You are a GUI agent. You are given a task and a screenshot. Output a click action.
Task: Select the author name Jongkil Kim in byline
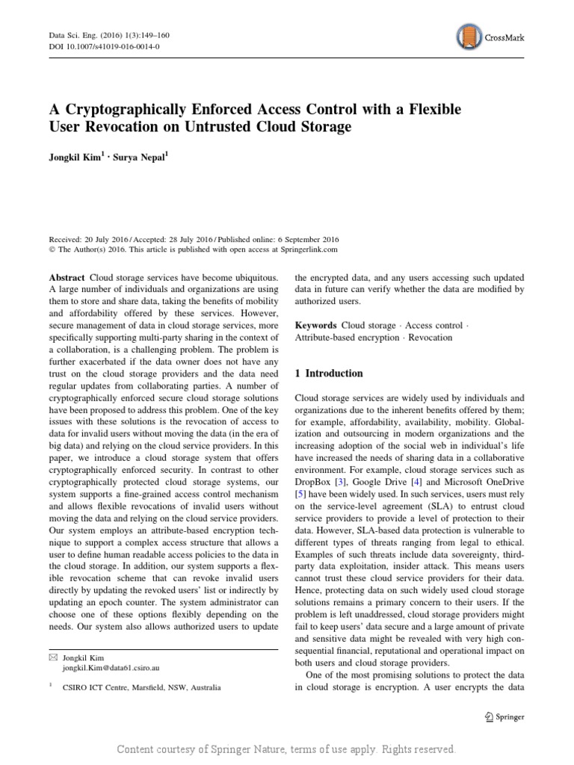pyautogui.click(x=79, y=159)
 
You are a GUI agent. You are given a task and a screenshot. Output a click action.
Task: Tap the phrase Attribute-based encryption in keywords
pyautogui.click(x=348, y=338)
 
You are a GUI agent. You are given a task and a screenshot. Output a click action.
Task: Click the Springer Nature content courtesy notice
pyautogui.click(x=287, y=749)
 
